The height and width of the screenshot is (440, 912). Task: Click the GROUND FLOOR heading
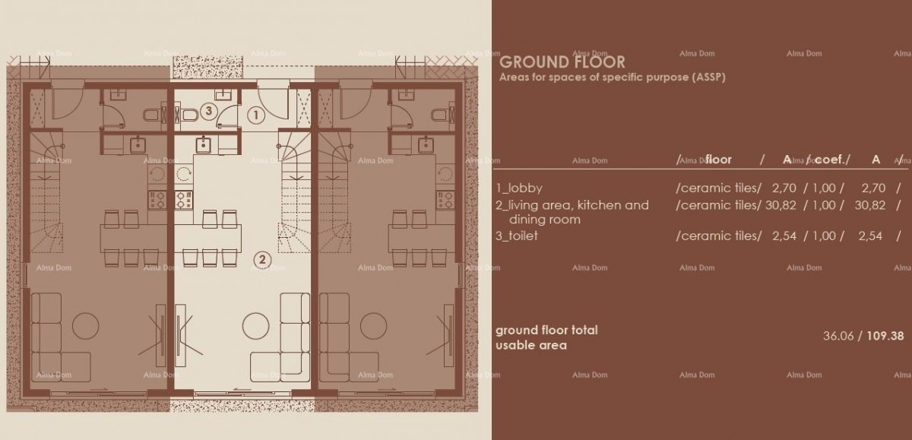pyautogui.click(x=562, y=62)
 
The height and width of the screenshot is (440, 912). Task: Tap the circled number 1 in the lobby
pyautogui.click(x=256, y=116)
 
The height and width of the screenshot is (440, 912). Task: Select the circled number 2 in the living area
pyautogui.click(x=262, y=258)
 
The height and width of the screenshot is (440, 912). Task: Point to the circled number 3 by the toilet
pyautogui.click(x=211, y=111)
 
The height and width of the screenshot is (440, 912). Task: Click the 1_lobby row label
pyautogui.click(x=519, y=188)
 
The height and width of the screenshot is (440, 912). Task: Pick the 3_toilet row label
pyautogui.click(x=518, y=236)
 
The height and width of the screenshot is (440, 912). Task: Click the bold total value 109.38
pyautogui.click(x=885, y=335)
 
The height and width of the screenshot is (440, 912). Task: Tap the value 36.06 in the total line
pyautogui.click(x=838, y=335)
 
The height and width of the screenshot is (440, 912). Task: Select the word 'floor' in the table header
pyautogui.click(x=718, y=160)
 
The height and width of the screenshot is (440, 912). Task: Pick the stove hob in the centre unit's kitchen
pyautogui.click(x=185, y=199)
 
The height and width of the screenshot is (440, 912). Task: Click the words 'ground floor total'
pyautogui.click(x=546, y=330)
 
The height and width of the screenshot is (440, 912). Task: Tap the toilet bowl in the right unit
pyautogui.click(x=439, y=115)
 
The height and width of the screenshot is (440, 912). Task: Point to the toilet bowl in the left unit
pyautogui.click(x=151, y=115)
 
